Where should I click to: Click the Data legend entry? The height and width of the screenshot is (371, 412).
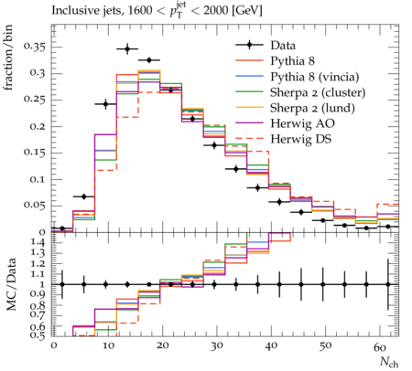pos(283,46)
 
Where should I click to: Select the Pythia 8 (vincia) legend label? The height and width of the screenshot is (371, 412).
pos(315,77)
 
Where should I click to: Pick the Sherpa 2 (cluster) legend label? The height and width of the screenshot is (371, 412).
pos(318,92)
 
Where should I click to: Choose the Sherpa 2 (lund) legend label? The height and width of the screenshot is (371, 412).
pos(312,108)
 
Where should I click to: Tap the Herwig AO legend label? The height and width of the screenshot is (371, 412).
pos(302,123)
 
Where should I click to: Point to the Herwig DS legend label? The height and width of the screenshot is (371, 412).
pos(301,139)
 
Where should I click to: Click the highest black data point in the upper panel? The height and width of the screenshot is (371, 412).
pos(127,48)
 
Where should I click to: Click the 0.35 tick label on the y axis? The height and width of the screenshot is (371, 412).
pos(34,47)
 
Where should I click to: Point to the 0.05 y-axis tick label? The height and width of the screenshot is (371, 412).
pos(34,205)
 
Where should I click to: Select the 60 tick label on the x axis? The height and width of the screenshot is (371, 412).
pos(379,347)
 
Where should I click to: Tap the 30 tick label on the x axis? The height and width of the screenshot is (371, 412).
pos(216,347)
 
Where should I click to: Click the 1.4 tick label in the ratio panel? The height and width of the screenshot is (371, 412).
pos(39,243)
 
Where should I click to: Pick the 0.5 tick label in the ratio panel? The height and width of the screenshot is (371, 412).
pos(39,335)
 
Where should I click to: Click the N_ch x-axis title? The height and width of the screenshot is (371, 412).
pos(389,362)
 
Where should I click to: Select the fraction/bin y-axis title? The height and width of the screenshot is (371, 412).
pos(8,58)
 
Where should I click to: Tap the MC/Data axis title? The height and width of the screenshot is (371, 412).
pos(11,284)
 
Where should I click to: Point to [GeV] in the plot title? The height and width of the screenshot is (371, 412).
pos(247,11)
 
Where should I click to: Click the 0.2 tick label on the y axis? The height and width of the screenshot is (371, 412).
pos(37,126)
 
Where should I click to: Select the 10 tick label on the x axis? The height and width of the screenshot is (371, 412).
pos(108,347)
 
